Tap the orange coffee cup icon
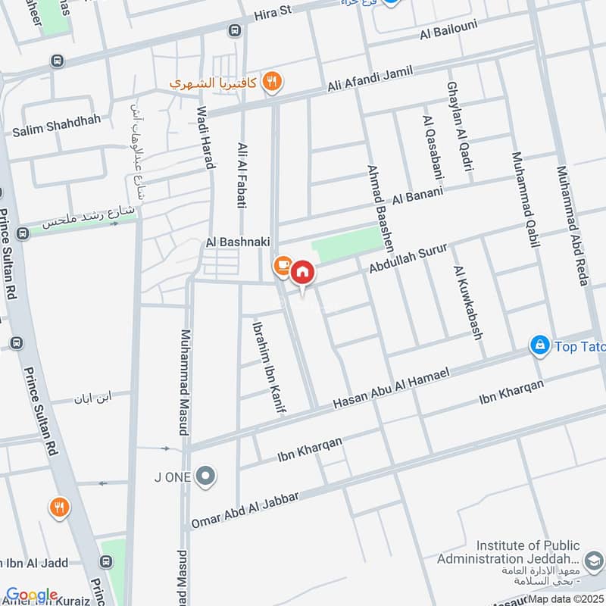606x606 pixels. click(282, 265)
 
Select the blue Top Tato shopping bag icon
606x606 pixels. click(539, 345)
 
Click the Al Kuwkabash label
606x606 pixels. click(468, 301)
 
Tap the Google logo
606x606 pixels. click(31, 595)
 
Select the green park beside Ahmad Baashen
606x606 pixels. click(346, 245)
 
